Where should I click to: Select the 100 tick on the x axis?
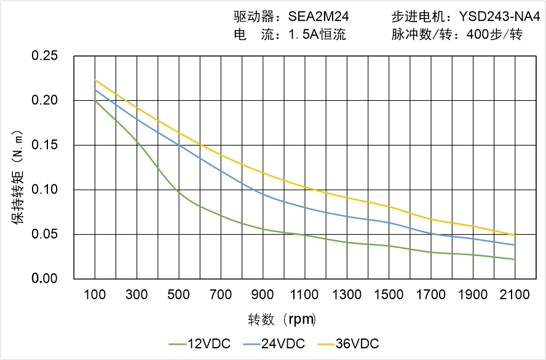95,295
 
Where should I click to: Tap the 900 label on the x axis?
263,295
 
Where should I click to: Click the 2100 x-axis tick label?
515,295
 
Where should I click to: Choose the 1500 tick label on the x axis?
389,295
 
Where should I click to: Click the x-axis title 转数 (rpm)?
282,319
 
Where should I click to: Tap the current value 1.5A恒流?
317,34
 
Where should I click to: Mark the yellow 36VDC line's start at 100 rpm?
95,80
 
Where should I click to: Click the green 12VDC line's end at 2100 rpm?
515,259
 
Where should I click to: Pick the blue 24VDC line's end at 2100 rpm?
515,245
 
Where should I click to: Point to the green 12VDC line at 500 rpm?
179,192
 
